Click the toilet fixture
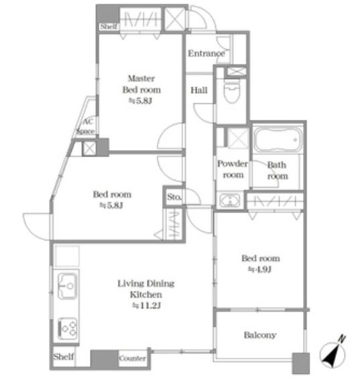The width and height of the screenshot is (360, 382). tap(232, 91)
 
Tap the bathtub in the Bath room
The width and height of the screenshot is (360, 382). tap(278, 140)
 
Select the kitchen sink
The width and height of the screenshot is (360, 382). tap(67, 286)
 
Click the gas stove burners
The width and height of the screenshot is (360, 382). tap(68, 328)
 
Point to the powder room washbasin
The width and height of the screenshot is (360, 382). tap(229, 200)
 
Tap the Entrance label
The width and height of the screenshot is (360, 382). tap(206, 54)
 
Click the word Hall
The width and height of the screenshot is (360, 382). tap(199, 90)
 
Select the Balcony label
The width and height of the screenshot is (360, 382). tap(260, 335)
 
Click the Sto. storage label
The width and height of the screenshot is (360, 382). tap(174, 196)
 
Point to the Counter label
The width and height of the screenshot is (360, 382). tap(132, 359)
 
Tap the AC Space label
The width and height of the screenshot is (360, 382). tap(86, 126)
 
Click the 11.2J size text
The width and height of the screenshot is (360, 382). tap(146, 306)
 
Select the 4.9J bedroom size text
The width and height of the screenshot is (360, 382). tap(259, 269)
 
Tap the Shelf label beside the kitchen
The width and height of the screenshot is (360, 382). tap(64, 357)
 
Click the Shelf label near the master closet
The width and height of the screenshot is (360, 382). tap(109, 26)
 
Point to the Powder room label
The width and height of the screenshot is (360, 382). tap(233, 169)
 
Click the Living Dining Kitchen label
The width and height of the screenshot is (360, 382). tap(146, 289)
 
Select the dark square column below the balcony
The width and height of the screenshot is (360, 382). tap(301, 363)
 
